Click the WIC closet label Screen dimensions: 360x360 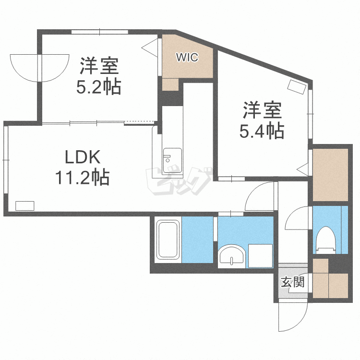click(x=187, y=58)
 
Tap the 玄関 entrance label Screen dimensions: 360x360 click(x=292, y=282)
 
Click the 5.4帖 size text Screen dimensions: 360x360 click(x=262, y=130)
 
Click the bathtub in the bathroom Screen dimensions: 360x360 click(x=168, y=241)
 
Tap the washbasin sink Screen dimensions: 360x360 click(x=231, y=255)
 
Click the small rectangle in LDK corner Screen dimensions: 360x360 click(x=24, y=205)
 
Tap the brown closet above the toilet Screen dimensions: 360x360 click(x=330, y=175)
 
